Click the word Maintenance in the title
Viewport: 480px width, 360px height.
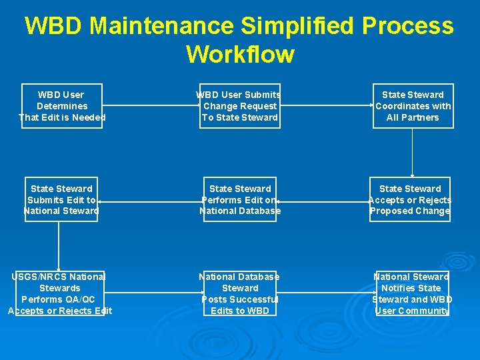161,26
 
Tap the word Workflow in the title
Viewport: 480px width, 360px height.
240,54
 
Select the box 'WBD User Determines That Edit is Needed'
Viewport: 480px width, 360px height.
61,106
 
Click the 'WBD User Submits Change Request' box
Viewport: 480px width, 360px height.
240,106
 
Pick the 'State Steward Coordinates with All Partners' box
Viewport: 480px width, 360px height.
413,106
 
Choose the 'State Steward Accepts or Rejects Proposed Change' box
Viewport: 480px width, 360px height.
410,199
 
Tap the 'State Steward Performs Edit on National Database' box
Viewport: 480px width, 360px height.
240,199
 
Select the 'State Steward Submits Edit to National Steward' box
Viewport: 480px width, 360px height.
61,199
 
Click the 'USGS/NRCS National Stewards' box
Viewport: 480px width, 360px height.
59,293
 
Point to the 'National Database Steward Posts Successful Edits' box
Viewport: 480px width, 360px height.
240,293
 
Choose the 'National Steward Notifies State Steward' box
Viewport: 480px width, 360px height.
412,293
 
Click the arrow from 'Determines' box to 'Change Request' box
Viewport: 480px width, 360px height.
151,105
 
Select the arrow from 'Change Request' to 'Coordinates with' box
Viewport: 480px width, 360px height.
326,105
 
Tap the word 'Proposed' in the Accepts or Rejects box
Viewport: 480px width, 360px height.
392,211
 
